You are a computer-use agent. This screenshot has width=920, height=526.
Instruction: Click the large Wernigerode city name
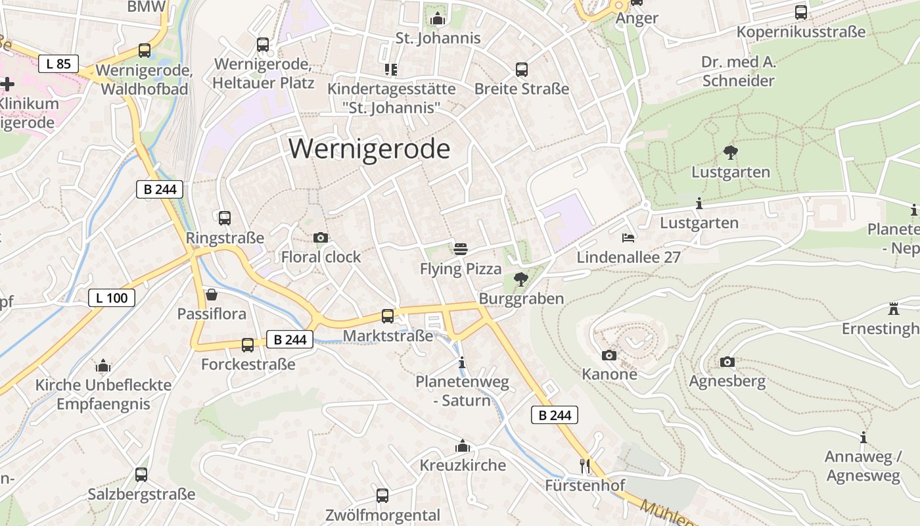coord(369,149)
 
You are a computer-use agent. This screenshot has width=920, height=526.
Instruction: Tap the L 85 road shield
coord(58,64)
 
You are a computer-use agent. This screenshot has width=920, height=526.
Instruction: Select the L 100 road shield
coord(112,298)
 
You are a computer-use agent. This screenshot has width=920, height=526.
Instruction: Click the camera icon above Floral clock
coord(321,237)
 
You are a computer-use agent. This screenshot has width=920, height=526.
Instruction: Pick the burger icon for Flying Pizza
coord(461,249)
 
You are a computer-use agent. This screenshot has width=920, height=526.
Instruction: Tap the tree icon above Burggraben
coord(521,279)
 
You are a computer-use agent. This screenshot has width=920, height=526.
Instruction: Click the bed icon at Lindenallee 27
coord(628,237)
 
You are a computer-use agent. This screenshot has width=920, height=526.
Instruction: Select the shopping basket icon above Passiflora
coord(212,294)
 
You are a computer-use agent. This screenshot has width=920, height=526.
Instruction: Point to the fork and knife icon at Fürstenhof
coord(585,466)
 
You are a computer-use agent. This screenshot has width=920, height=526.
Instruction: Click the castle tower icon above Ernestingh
coord(893,308)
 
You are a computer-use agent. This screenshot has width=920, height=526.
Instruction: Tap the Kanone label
coord(609,374)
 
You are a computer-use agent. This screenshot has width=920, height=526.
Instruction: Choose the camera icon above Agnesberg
coord(727,362)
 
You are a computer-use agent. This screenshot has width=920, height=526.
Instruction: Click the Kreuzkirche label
coord(463,466)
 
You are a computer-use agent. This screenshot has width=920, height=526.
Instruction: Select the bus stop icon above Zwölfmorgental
coord(382,495)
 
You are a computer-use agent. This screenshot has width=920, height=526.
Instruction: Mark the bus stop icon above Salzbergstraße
coord(141,474)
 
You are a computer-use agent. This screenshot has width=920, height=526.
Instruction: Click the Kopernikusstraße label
coord(800,32)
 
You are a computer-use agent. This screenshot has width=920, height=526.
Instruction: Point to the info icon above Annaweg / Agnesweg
coord(863,437)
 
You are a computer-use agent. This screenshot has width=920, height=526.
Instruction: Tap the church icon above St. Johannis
coord(438,18)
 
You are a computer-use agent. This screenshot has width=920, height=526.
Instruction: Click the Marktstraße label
coord(388,336)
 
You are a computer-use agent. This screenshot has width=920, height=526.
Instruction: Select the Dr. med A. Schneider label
coord(739,72)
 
